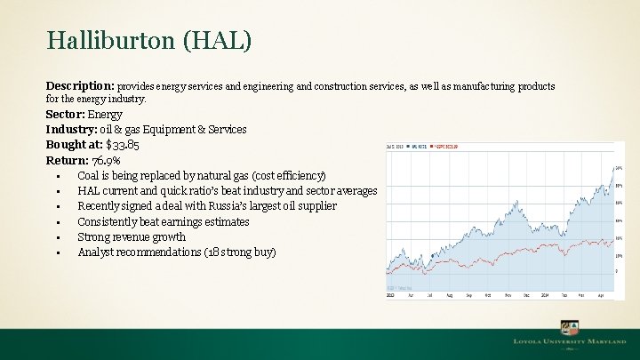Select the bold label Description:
pos(80,86)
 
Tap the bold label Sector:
pos(66,114)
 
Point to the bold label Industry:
pos(74,129)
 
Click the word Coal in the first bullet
pos(89,175)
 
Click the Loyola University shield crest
pos(566,327)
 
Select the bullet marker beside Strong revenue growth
pos(57,237)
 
